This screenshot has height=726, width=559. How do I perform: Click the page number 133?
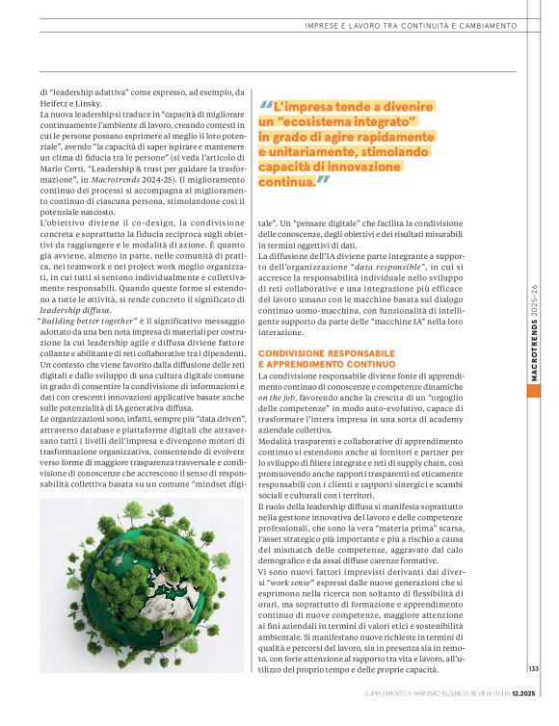coord(533,669)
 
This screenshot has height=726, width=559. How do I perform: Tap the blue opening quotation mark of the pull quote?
coord(265,106)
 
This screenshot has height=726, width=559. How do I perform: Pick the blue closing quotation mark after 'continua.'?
coord(324,180)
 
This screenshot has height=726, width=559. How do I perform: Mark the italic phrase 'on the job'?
coord(277,394)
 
